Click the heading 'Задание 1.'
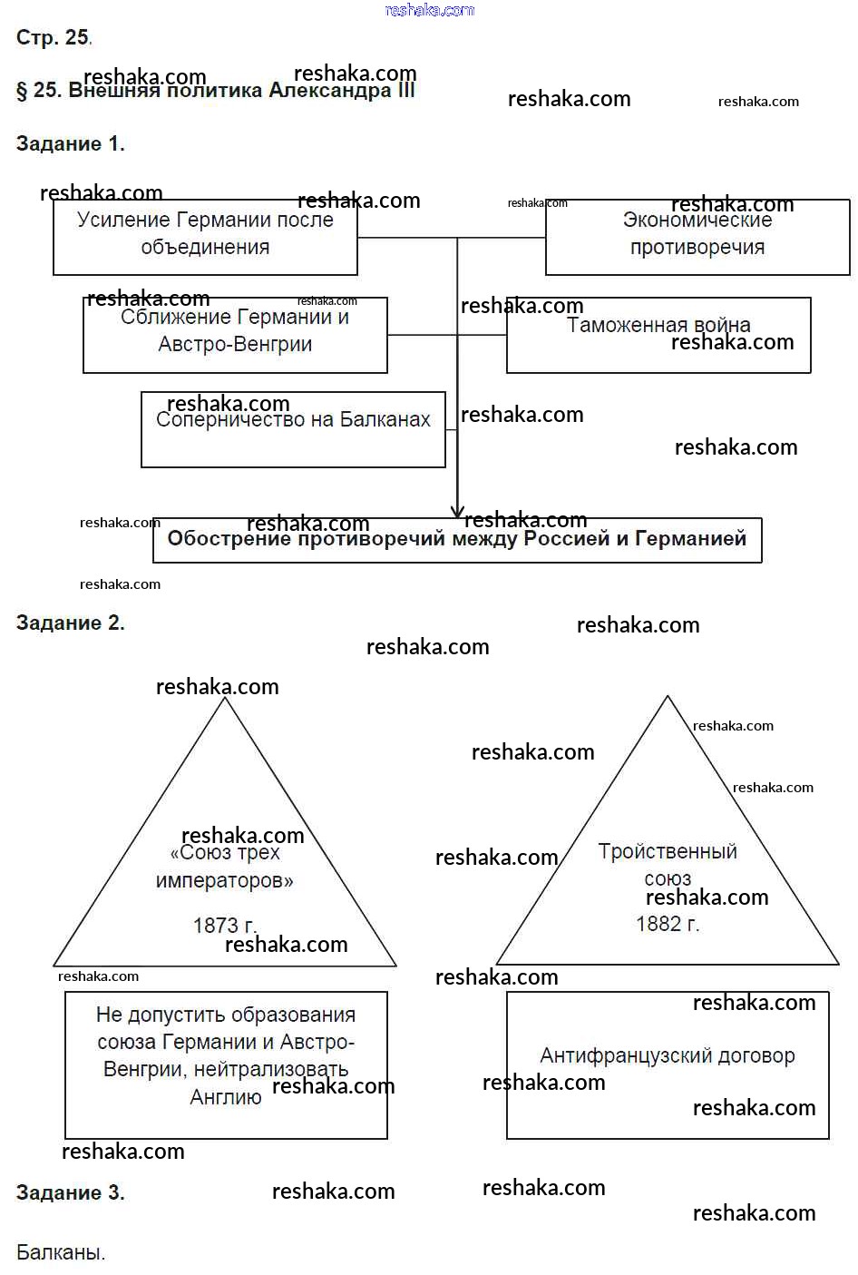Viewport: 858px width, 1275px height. coord(70,143)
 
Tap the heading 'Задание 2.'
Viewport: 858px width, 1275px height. coord(70,623)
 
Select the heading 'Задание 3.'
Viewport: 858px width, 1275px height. coord(70,1192)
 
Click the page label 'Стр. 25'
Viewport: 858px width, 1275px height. coord(53,37)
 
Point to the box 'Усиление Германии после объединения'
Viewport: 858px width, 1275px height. coord(205,237)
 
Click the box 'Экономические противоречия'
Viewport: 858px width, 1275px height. coord(697,237)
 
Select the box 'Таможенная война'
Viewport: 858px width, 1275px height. coord(658,335)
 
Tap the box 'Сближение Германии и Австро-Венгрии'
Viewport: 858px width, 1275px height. coord(235,334)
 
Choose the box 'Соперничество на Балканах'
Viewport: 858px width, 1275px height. coord(293,429)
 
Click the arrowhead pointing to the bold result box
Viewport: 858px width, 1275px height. coord(458,511)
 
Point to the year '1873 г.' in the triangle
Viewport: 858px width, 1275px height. coord(224,926)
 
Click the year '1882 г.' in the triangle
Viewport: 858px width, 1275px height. coord(668,924)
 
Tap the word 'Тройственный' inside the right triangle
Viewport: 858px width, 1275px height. coord(668,851)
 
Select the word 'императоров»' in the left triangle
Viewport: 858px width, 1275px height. coord(224,880)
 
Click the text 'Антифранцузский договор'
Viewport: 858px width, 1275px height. coord(668,1055)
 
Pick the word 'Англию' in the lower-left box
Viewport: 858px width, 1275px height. coord(226,1097)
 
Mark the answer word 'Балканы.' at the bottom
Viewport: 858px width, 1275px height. coord(61,1252)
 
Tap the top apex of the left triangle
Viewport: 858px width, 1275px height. coord(225,700)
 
